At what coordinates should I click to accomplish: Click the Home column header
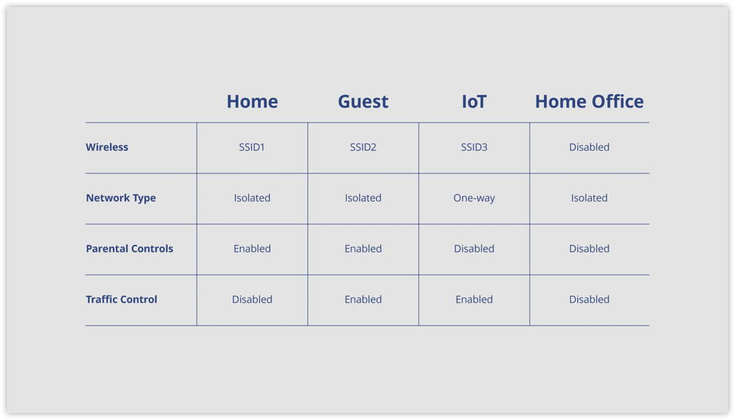(252, 102)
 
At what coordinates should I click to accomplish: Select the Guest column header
(363, 102)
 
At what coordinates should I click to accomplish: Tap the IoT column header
(474, 102)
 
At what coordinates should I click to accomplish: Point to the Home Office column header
(589, 102)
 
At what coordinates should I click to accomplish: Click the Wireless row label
(107, 147)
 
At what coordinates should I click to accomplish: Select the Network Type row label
(121, 198)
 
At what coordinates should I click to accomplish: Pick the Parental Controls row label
(130, 248)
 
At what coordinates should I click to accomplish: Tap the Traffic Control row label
(121, 299)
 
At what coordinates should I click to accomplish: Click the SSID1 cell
(252, 147)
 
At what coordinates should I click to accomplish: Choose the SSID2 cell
(363, 147)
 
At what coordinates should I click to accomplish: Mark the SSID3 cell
(474, 147)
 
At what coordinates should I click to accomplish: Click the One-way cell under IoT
(474, 198)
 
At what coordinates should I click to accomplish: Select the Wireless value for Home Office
(589, 147)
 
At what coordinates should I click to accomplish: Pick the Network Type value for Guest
(363, 198)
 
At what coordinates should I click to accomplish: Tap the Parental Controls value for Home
(252, 248)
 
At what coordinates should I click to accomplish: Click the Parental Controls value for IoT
(474, 248)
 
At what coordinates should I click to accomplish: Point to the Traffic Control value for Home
(252, 299)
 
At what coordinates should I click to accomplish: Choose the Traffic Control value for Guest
(363, 299)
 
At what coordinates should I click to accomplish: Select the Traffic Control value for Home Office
(589, 299)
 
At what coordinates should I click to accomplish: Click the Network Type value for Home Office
(589, 198)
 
